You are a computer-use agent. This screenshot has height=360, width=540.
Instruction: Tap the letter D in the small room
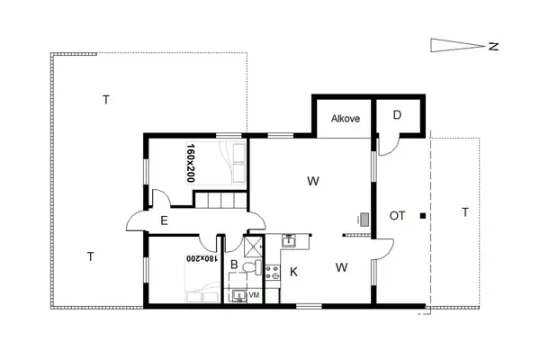tap(398, 115)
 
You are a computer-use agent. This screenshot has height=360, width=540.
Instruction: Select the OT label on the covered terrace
tap(398, 215)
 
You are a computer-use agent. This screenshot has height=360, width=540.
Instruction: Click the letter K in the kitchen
tap(294, 271)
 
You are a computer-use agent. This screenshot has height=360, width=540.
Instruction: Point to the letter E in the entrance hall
tap(164, 219)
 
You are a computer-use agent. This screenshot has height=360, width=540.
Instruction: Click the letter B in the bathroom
tap(234, 265)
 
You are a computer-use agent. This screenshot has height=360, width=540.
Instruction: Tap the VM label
tap(255, 294)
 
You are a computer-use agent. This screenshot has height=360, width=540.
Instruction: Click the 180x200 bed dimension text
tap(202, 258)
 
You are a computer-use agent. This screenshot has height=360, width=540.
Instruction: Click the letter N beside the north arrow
tap(494, 46)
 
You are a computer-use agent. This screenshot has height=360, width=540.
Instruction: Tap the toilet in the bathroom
tap(256, 267)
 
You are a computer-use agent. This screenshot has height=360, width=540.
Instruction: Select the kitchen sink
tap(289, 240)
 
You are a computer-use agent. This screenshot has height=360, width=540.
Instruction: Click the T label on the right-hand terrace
tap(464, 212)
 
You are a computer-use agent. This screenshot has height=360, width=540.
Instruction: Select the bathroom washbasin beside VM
tap(237, 293)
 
